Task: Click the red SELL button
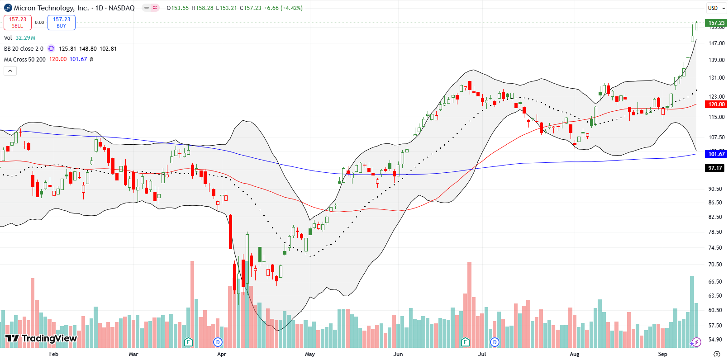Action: click(17, 22)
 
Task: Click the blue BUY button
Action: click(62, 22)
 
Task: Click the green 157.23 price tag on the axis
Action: click(716, 23)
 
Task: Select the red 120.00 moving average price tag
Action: click(716, 104)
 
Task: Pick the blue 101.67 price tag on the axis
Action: click(716, 154)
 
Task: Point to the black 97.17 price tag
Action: click(715, 168)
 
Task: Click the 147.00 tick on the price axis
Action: click(716, 43)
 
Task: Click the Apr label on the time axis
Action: click(222, 354)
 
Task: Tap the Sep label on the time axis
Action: click(662, 354)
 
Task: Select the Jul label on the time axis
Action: click(482, 354)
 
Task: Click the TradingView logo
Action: click(41, 338)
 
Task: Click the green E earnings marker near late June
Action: click(465, 342)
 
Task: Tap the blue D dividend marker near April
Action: click(218, 342)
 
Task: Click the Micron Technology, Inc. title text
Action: click(51, 8)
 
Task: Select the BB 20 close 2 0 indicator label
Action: click(24, 49)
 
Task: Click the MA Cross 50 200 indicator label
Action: click(24, 60)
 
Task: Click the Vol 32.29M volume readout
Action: click(19, 38)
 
